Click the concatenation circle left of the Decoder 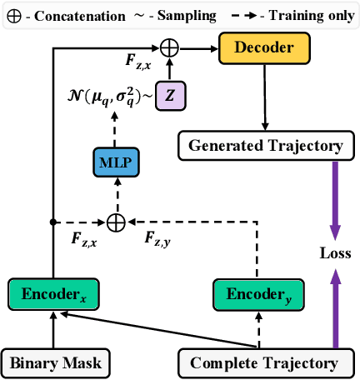[170, 47]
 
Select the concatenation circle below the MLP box [116, 222]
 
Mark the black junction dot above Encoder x [54, 222]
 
